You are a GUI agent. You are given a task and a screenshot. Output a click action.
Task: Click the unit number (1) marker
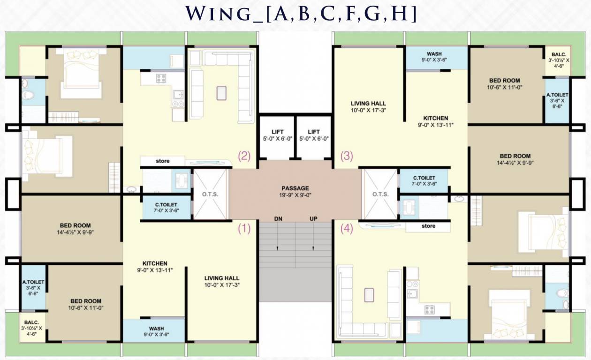click(x=244, y=228)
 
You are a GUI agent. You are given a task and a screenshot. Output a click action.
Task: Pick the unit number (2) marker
click(x=244, y=156)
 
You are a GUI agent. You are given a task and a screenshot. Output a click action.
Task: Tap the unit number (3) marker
click(x=347, y=156)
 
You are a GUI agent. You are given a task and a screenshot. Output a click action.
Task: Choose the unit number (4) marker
click(x=347, y=228)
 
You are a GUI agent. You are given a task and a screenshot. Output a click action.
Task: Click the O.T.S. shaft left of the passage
click(x=210, y=195)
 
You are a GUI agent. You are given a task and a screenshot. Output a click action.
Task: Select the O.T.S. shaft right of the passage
click(x=380, y=195)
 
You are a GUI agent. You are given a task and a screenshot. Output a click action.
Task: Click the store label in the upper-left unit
click(x=162, y=161)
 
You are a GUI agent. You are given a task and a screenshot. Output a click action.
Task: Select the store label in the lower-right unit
click(x=428, y=226)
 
